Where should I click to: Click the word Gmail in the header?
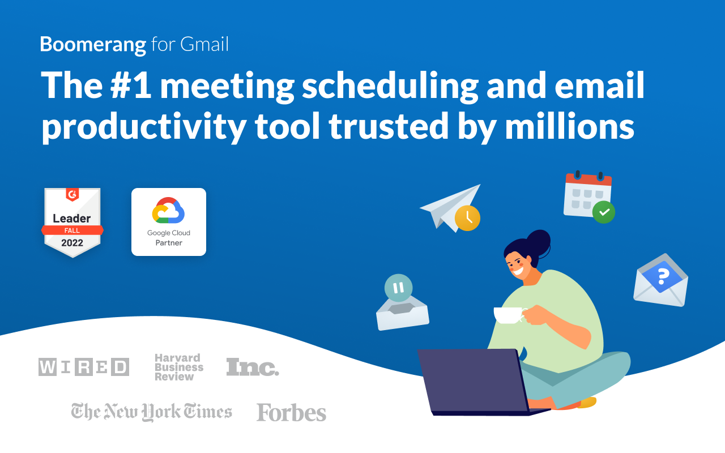point(204,45)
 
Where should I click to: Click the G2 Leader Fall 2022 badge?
point(72,223)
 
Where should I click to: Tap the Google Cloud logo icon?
point(169,212)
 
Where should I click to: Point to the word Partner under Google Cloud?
point(169,243)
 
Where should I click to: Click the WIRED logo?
point(84,367)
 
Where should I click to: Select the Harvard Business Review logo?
point(178,367)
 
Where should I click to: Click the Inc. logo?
point(253,367)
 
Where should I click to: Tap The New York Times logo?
point(152,412)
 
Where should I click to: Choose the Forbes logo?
point(291,412)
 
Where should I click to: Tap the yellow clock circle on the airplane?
point(467,218)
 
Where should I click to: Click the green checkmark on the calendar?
point(604,212)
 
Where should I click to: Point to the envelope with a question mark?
point(660,281)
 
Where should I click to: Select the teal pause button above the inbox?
point(399,288)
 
